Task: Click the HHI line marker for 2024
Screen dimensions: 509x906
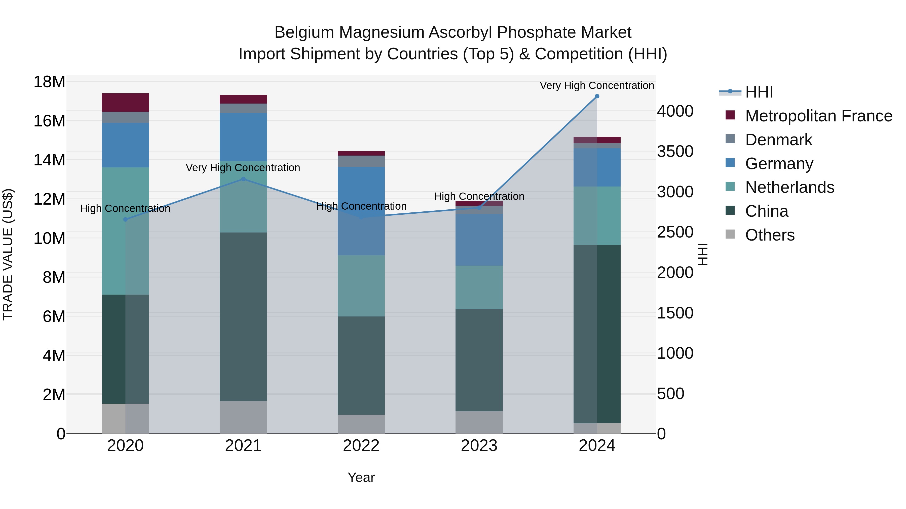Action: (x=597, y=96)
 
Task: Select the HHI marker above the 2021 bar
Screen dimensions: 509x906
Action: (x=243, y=179)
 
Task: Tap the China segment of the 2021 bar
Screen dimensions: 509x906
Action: (x=243, y=316)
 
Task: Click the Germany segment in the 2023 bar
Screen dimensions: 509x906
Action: (x=479, y=240)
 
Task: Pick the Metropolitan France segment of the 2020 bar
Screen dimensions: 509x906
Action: (x=125, y=103)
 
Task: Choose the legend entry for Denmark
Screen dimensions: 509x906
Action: (x=778, y=140)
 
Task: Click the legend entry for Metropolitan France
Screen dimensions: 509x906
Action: (x=818, y=116)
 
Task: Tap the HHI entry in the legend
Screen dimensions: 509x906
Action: (x=759, y=92)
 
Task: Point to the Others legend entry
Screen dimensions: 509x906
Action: (x=770, y=235)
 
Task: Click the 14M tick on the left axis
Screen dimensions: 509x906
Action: (x=49, y=160)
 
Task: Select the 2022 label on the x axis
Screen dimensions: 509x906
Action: (x=361, y=446)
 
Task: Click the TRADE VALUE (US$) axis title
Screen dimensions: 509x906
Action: (x=8, y=254)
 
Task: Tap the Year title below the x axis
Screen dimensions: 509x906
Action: (x=361, y=477)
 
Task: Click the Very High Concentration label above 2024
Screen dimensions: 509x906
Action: (x=597, y=85)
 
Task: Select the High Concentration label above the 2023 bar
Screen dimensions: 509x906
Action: (x=479, y=196)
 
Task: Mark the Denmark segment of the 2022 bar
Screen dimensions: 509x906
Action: (x=361, y=161)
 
